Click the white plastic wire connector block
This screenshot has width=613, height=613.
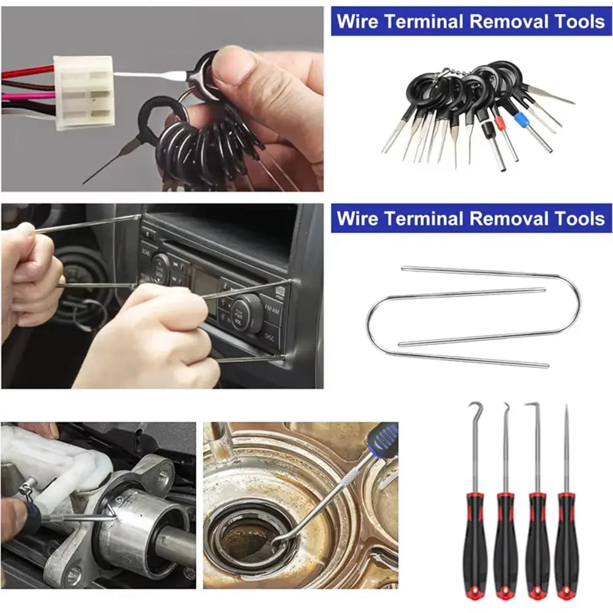click(83, 91)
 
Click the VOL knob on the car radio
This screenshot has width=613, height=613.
click(246, 313)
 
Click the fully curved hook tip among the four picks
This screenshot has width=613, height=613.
click(474, 407)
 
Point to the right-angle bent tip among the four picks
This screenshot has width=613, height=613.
click(535, 406)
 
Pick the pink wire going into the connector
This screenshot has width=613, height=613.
click(28, 96)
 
